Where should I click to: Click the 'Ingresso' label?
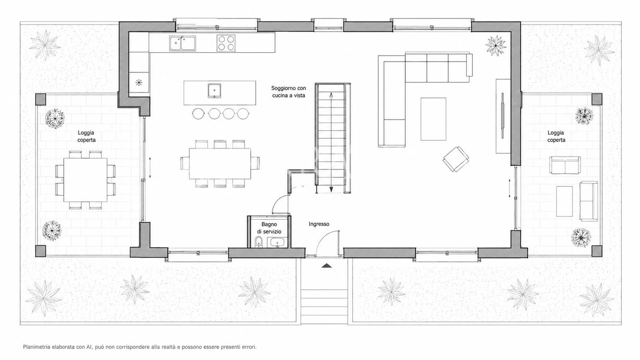click(x=319, y=224)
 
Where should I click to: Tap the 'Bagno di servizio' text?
click(x=269, y=228)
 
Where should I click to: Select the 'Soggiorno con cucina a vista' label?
click(x=288, y=92)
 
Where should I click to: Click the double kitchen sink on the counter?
click(x=182, y=44)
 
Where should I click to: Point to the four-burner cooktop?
click(x=226, y=43)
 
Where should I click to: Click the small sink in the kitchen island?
click(x=214, y=91)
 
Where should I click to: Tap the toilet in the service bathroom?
click(x=258, y=242)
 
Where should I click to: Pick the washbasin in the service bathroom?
click(x=276, y=243)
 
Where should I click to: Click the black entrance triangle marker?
click(x=326, y=266)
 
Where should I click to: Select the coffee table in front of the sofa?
click(x=433, y=119)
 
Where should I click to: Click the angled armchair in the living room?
click(x=456, y=159)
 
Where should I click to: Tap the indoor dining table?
click(x=220, y=164)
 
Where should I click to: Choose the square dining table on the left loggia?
click(x=85, y=180)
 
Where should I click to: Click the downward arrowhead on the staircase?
click(x=331, y=189)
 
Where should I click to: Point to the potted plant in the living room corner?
click(x=496, y=46)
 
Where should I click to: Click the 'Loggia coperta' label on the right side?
click(x=556, y=136)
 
